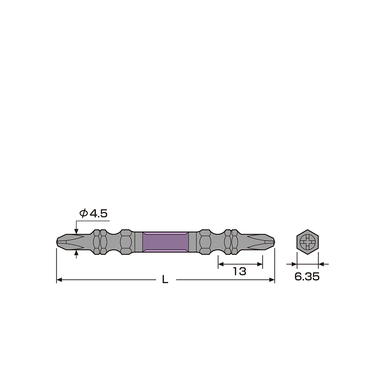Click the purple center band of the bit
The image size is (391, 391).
[x=165, y=242]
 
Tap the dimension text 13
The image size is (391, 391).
[x=240, y=272]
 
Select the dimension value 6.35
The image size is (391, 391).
[x=307, y=277]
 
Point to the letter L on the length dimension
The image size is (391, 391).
[x=165, y=280]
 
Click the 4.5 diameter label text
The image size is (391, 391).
[x=98, y=214]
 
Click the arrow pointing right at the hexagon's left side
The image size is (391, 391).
[x=294, y=264]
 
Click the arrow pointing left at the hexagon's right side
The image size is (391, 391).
[x=322, y=264]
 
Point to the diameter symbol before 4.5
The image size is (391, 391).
[x=83, y=214]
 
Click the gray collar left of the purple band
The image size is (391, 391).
[x=138, y=242]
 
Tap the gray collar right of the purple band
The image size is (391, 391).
[x=192, y=242]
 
